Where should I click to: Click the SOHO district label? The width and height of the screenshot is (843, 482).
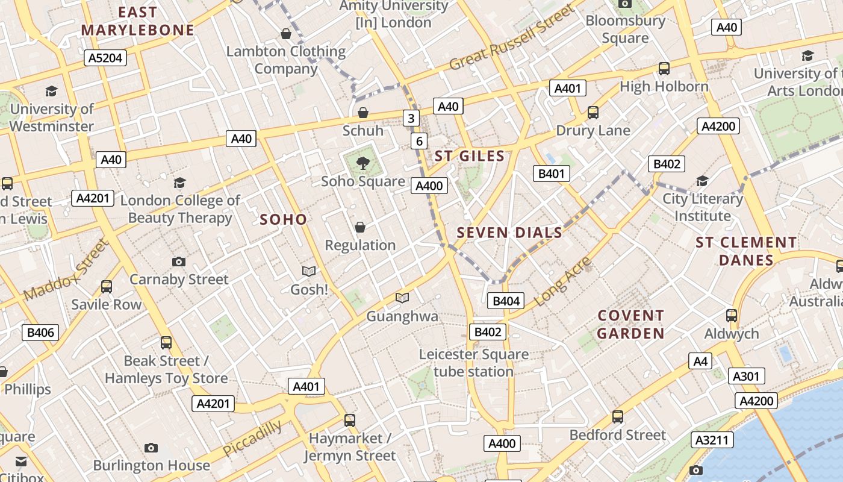[283, 219]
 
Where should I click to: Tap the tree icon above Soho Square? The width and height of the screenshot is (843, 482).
[362, 162]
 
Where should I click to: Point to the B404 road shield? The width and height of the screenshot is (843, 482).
[506, 301]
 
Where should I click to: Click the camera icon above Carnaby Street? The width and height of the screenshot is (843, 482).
[179, 261]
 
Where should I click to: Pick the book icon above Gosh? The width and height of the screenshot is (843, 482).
[309, 272]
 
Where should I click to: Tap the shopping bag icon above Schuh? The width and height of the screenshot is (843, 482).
[363, 113]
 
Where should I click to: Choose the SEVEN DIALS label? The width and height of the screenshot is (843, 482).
[509, 233]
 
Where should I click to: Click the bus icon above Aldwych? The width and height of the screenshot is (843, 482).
[732, 315]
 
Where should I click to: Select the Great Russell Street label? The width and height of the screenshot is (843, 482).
[512, 37]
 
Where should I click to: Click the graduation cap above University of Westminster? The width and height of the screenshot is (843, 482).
[52, 92]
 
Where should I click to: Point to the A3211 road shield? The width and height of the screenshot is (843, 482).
[712, 440]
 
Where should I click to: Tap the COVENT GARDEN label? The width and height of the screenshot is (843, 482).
[630, 324]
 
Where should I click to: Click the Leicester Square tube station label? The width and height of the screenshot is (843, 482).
[474, 363]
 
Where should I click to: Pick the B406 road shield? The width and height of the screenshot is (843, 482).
[41, 332]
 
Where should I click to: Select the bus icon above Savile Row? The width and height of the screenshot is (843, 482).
[107, 287]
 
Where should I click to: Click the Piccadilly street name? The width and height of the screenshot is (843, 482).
[252, 439]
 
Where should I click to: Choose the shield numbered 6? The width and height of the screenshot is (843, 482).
[419, 142]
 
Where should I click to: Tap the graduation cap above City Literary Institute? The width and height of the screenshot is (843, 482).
[702, 181]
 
